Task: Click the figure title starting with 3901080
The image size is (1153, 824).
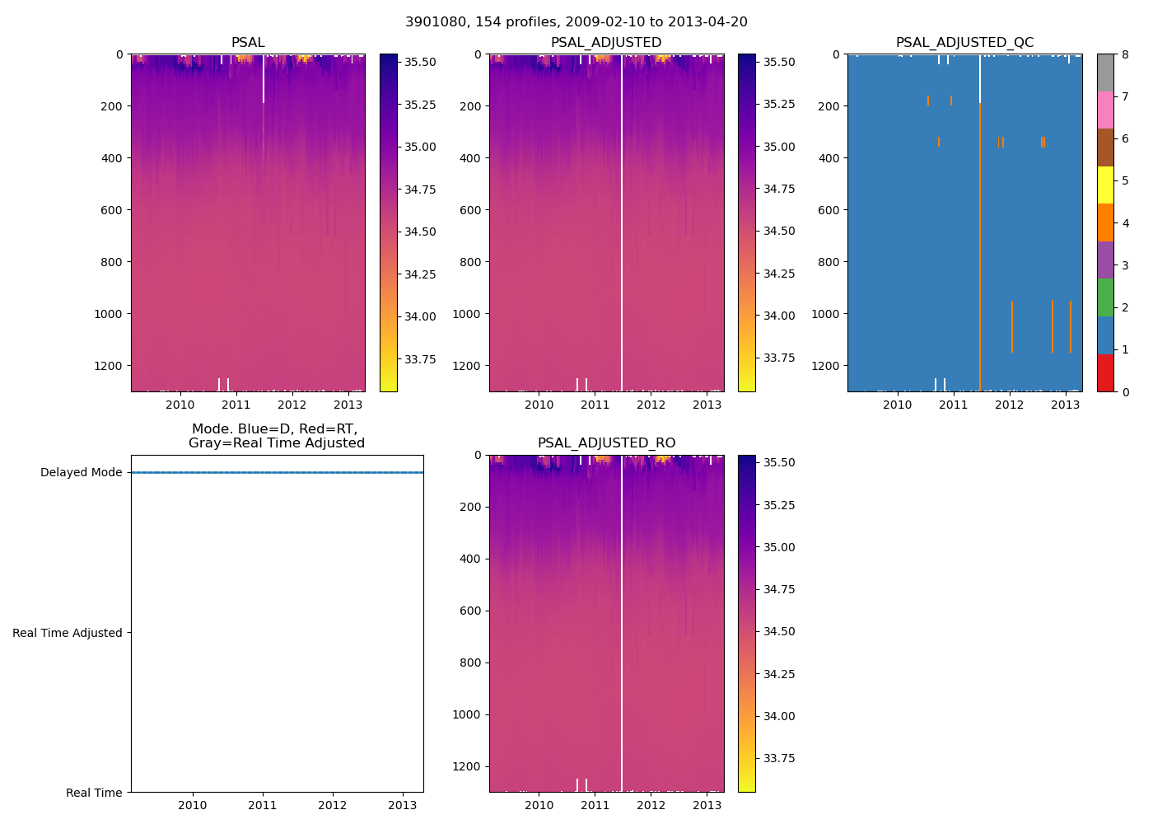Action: tap(576, 22)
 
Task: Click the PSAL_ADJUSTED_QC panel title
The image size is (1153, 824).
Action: tap(964, 43)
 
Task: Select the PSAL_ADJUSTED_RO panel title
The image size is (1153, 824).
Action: tap(606, 443)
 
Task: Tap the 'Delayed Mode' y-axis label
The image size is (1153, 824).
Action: tap(81, 472)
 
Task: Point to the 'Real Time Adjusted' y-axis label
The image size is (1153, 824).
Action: tap(67, 633)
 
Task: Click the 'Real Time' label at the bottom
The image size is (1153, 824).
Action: tap(94, 793)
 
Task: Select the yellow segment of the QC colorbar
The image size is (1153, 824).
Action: tap(1105, 185)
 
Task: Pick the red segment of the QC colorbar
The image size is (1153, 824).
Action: tap(1105, 372)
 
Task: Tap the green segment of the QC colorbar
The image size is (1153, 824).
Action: tap(1105, 297)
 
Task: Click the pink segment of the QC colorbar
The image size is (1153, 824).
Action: tap(1105, 110)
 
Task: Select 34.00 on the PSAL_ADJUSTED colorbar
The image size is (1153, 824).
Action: tap(778, 316)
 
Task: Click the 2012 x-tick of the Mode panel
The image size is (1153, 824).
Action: tap(333, 805)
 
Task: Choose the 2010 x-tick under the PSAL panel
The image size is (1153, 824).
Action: tap(180, 405)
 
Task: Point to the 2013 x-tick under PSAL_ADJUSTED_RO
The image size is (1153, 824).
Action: tap(707, 805)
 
